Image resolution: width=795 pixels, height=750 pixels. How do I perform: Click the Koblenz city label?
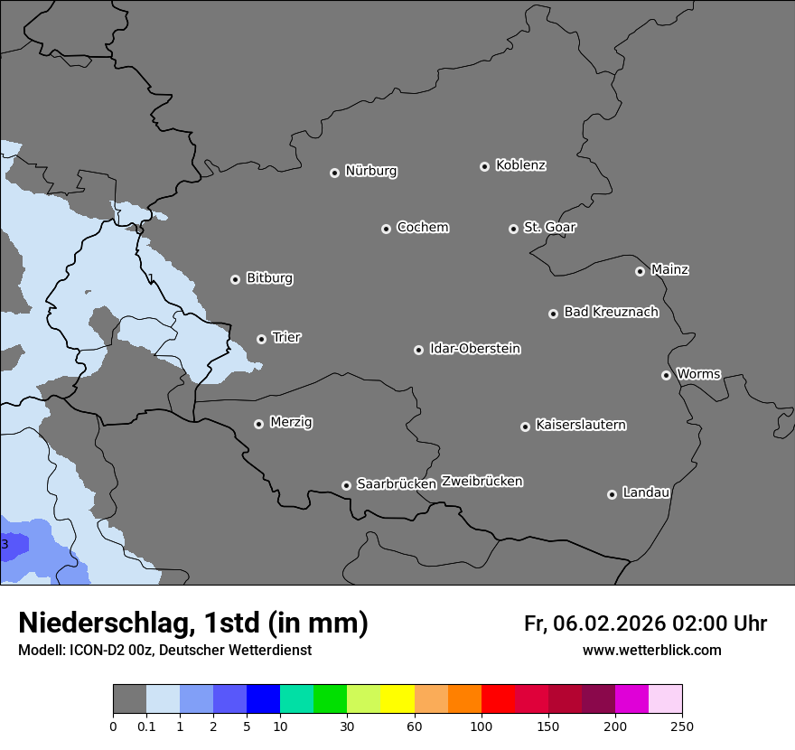click(x=520, y=165)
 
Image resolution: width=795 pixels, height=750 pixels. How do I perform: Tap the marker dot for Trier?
click(x=262, y=339)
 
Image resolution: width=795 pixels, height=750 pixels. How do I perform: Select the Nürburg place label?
click(x=370, y=171)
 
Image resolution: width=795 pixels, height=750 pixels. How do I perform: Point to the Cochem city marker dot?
click(x=386, y=229)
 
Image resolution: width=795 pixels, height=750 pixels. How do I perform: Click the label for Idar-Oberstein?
click(x=474, y=349)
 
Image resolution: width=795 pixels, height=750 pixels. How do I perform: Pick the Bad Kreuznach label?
click(x=611, y=312)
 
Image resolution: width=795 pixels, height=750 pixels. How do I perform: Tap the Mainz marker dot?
click(x=640, y=271)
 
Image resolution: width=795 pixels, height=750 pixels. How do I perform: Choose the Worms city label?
click(x=698, y=374)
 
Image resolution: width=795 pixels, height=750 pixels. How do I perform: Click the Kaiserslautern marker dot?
click(x=525, y=427)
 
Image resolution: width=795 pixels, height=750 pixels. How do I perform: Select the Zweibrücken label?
click(x=482, y=482)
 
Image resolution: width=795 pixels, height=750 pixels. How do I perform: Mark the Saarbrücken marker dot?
click(x=346, y=485)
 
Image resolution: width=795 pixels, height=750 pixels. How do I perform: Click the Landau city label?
click(x=646, y=492)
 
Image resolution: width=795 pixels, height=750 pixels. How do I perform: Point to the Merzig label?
click(x=291, y=422)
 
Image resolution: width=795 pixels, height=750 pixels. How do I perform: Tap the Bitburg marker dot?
click(x=235, y=279)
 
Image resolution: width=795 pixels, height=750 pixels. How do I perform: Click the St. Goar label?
click(x=549, y=228)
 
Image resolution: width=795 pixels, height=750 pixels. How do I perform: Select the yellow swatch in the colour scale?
click(x=397, y=699)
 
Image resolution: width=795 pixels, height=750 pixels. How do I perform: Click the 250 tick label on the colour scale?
click(x=682, y=726)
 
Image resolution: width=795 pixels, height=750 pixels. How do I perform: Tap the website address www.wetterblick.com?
click(x=651, y=651)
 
